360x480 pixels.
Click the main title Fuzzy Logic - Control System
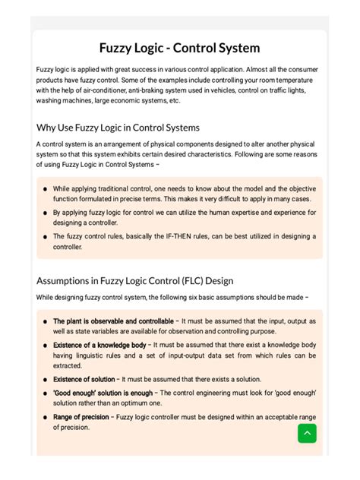tap(180, 48)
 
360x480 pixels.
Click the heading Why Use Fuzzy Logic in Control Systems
tap(118, 127)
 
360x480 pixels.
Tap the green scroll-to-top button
tap(307, 433)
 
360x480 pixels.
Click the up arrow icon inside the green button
tap(307, 433)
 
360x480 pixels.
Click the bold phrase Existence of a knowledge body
tap(99, 345)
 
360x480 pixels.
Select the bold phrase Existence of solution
tap(84, 379)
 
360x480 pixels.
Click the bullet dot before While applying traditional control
tap(46, 189)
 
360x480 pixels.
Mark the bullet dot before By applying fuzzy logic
tap(46, 213)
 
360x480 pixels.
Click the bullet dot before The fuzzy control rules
tap(46, 237)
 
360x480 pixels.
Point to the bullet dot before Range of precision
tap(46, 418)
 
